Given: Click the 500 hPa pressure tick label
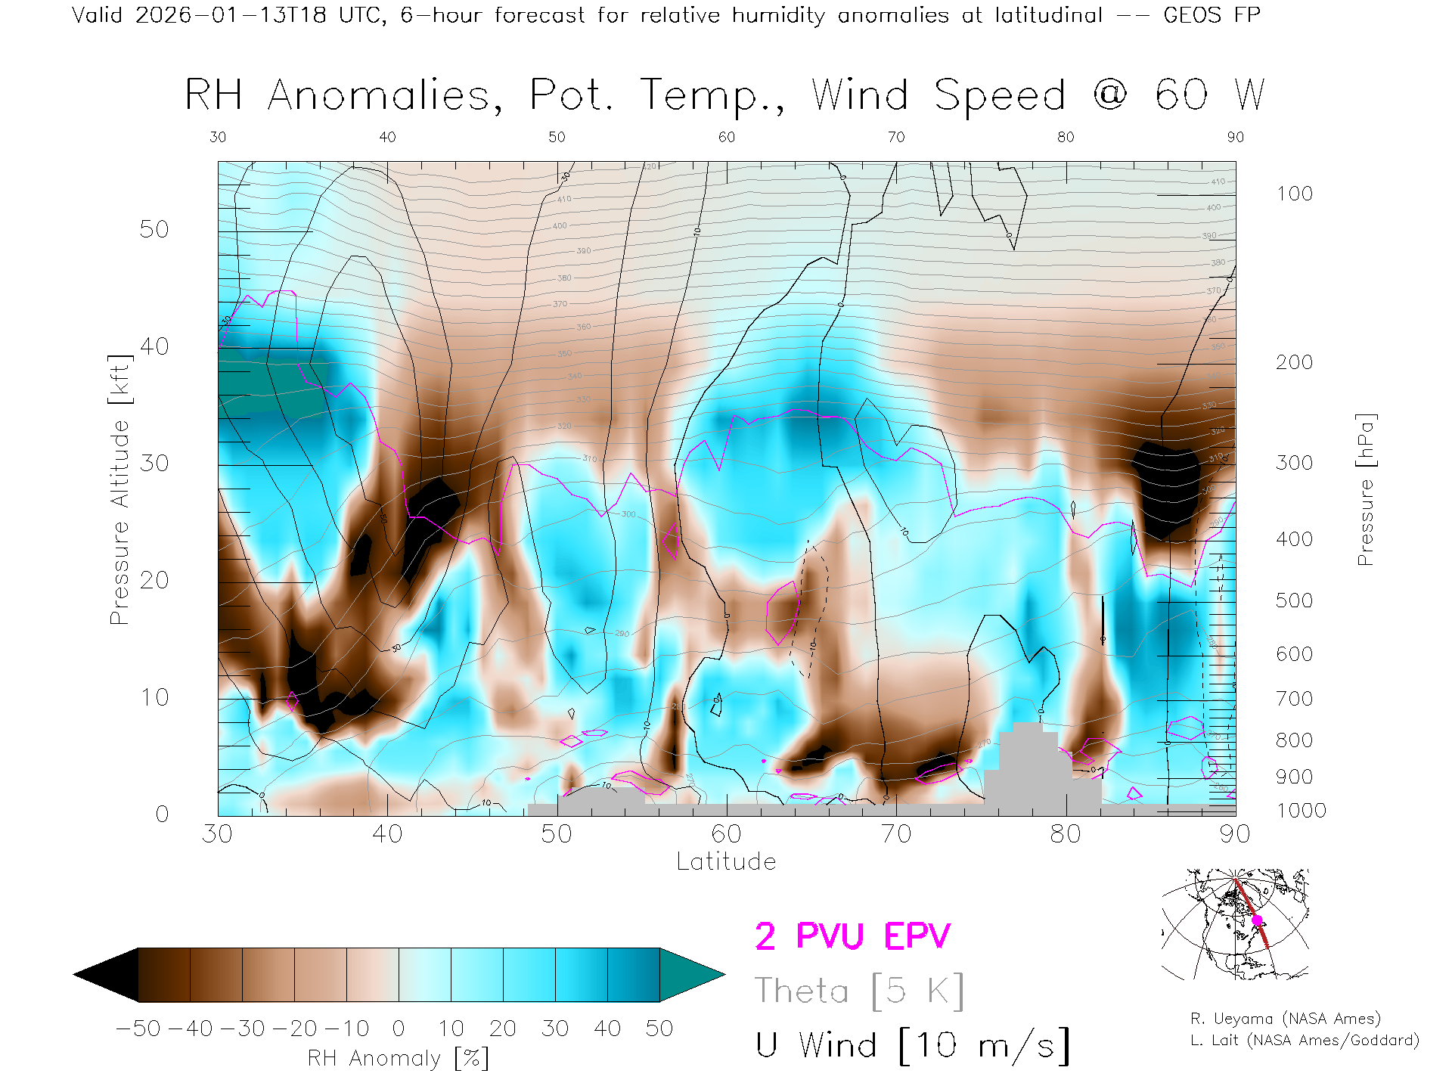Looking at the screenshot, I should [x=1294, y=600].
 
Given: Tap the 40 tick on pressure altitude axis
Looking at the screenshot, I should [x=154, y=346].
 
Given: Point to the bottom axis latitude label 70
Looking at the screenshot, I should [x=895, y=833].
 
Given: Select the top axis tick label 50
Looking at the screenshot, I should [x=557, y=137].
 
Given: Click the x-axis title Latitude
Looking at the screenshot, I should [x=726, y=861].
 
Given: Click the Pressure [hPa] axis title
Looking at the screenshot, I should [x=1365, y=489].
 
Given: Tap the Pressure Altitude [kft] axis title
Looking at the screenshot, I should [x=119, y=489].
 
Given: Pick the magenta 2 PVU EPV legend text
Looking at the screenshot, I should [x=852, y=936].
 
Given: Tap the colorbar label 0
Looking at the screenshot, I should [x=399, y=1028].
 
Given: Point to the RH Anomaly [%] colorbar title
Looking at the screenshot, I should [x=399, y=1058].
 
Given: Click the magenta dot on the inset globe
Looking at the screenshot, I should [x=1257, y=920].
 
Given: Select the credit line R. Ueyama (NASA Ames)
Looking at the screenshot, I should [x=1286, y=1019].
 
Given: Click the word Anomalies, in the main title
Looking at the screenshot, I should [x=386, y=96].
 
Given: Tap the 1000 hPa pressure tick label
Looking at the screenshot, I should [x=1301, y=811].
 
